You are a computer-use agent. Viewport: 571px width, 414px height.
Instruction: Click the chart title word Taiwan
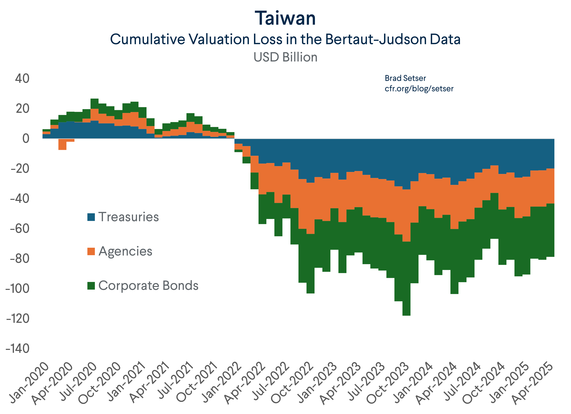pyautogui.click(x=285, y=19)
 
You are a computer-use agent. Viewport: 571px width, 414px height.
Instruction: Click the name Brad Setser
pyautogui.click(x=405, y=78)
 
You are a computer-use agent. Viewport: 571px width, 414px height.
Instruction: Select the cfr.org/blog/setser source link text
pyautogui.click(x=419, y=89)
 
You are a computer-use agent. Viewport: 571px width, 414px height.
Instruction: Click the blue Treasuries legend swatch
pyautogui.click(x=91, y=217)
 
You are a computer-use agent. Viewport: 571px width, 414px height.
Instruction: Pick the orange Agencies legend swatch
pyautogui.click(x=91, y=251)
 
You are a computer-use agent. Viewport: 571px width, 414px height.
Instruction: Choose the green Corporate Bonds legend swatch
pyautogui.click(x=91, y=286)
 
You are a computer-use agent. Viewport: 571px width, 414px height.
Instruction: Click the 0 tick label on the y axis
pyautogui.click(x=26, y=138)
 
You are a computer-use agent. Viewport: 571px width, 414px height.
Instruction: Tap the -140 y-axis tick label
pyautogui.click(x=17, y=349)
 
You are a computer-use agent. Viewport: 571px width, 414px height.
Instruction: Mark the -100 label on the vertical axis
pyautogui.click(x=17, y=289)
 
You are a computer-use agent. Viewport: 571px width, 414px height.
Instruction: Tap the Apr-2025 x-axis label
pyautogui.click(x=533, y=383)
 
